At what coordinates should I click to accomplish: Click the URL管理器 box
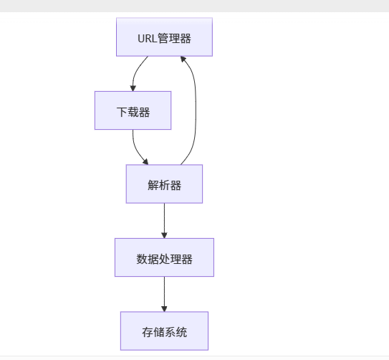(x=164, y=37)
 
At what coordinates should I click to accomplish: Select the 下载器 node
(x=133, y=110)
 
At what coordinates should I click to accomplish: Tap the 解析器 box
(x=164, y=184)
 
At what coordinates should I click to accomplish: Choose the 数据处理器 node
(x=164, y=257)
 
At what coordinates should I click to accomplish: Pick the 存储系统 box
(x=164, y=331)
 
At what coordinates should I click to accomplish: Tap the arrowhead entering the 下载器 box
(x=133, y=87)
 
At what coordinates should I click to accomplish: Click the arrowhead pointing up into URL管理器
(x=183, y=60)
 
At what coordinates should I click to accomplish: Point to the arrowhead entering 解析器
(x=145, y=161)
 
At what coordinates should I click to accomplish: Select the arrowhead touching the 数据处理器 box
(x=164, y=235)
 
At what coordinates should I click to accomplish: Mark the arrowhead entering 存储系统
(x=164, y=308)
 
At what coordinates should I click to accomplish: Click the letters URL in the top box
(x=146, y=38)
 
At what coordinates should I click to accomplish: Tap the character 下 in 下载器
(x=121, y=112)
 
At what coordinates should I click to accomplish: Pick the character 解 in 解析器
(x=153, y=185)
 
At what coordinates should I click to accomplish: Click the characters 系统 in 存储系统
(x=176, y=332)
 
